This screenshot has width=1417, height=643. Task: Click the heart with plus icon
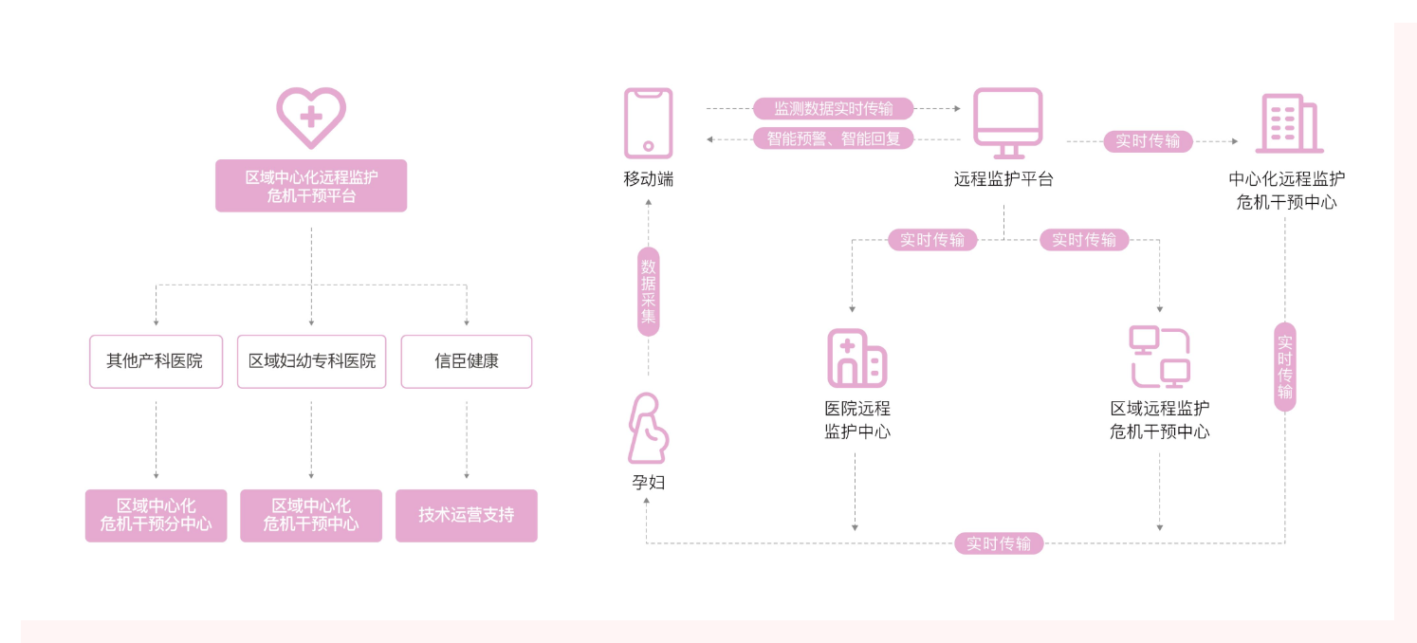click(311, 117)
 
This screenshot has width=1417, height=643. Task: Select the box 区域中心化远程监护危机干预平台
click(311, 186)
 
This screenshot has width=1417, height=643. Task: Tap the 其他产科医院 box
click(156, 361)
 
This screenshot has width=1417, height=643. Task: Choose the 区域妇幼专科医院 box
click(311, 361)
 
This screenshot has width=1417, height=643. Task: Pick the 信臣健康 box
click(467, 361)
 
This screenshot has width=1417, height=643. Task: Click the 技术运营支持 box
click(467, 516)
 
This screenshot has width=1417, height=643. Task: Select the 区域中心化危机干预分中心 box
click(156, 516)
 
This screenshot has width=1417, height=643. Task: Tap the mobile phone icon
click(648, 123)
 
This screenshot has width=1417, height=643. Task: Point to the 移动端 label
click(648, 179)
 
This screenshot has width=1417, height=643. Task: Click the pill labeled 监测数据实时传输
click(834, 109)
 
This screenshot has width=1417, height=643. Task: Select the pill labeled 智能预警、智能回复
click(834, 138)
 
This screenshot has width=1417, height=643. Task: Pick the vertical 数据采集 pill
click(648, 291)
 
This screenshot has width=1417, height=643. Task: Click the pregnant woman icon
click(648, 428)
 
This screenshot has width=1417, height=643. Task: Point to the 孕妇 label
click(648, 483)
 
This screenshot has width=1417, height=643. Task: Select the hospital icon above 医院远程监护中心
click(856, 358)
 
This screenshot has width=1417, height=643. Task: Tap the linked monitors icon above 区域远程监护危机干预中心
click(1159, 358)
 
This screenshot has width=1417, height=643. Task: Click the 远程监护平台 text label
click(1003, 179)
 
